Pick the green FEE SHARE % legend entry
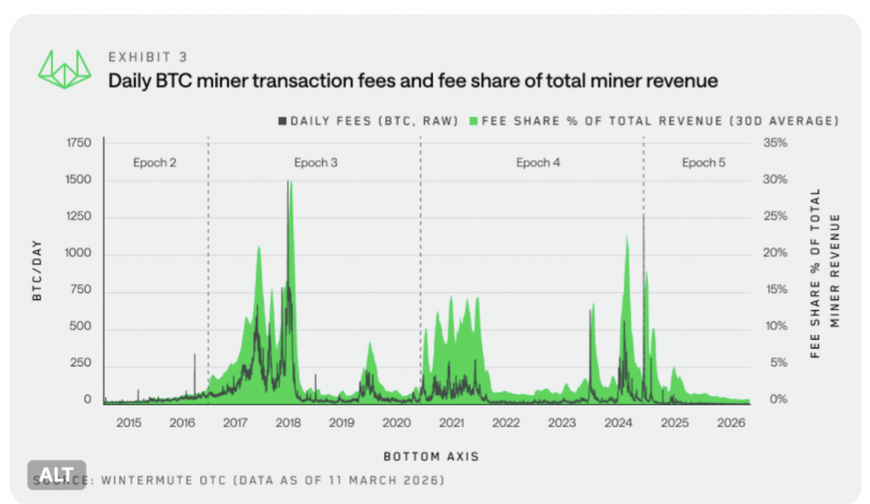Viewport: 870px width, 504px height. (x=654, y=121)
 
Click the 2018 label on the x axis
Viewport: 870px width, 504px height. (x=287, y=422)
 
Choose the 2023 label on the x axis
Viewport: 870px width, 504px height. (x=562, y=422)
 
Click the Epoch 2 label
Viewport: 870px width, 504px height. (x=155, y=162)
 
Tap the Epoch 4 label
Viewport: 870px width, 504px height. (x=539, y=162)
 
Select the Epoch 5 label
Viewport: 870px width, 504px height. (x=703, y=162)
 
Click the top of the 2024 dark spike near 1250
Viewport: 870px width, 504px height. (x=643, y=215)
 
